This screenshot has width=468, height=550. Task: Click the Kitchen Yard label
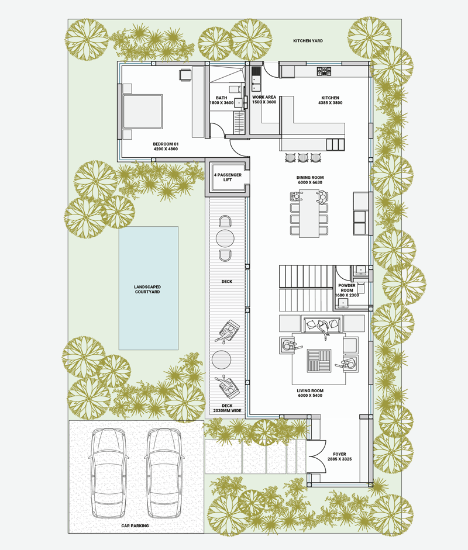pos(308,41)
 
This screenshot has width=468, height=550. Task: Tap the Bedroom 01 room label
pos(166,144)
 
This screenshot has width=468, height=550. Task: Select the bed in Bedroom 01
pos(142,111)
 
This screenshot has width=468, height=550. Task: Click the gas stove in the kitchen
pos(324,71)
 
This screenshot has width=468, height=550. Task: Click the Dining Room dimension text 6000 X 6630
pos(310,182)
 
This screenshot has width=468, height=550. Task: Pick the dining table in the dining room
pos(309,213)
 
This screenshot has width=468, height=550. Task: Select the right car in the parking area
pos(164,473)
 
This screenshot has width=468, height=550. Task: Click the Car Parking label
pos(135,526)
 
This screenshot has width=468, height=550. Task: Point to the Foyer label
pos(339,454)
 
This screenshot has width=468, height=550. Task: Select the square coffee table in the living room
pos(319,361)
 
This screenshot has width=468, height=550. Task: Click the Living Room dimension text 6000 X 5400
pos(310,395)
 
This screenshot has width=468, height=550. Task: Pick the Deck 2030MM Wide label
pos(227,408)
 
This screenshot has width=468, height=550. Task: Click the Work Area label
pos(264,97)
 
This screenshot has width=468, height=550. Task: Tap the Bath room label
pos(222,98)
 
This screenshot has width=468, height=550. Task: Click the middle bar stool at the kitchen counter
pos(303,157)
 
